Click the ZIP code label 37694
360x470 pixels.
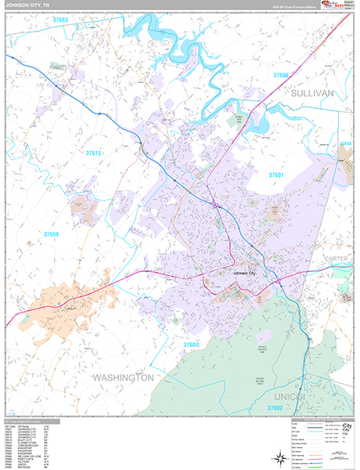[345, 145]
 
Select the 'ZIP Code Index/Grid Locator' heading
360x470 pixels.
[31, 421]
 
